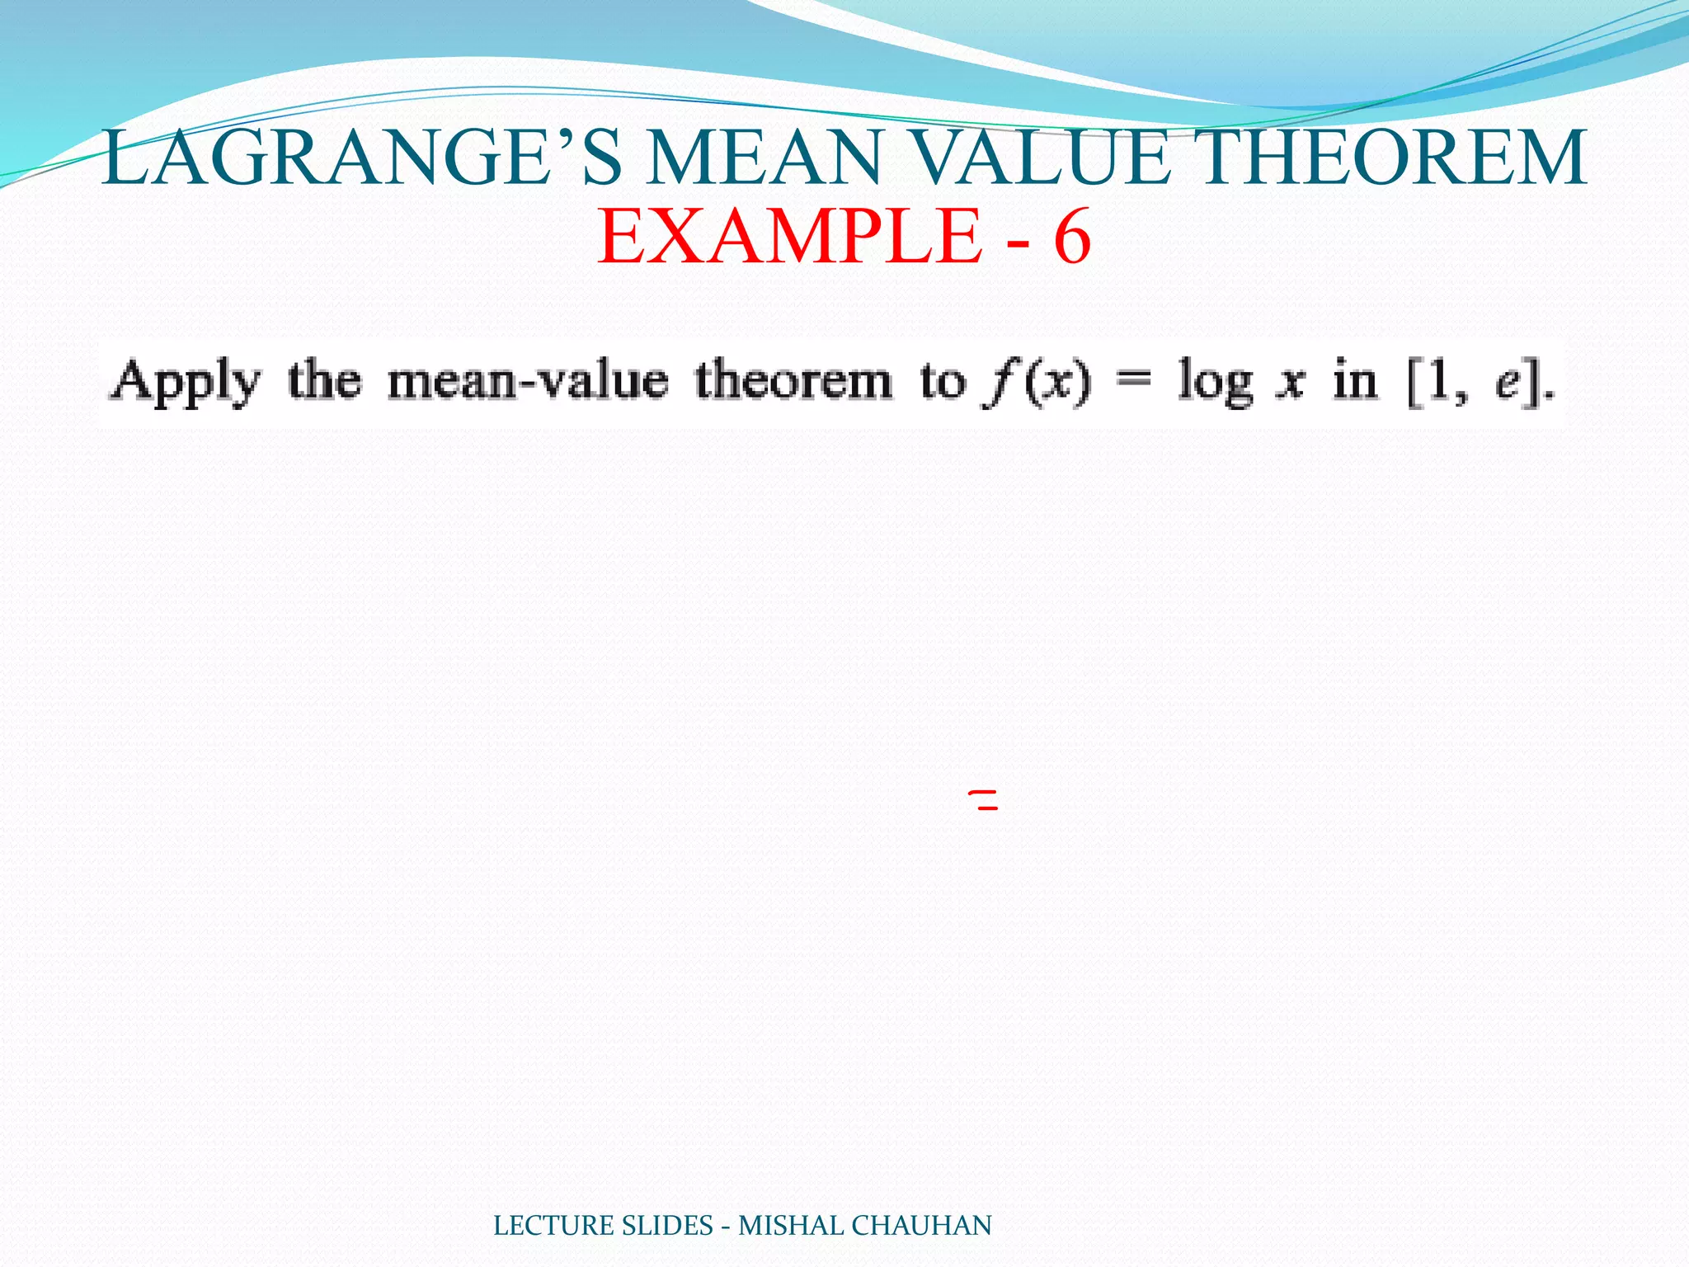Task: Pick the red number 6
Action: (1072, 237)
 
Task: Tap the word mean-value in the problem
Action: (528, 382)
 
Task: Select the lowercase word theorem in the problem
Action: (793, 382)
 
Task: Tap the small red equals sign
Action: (986, 798)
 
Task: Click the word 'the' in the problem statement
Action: (324, 382)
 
